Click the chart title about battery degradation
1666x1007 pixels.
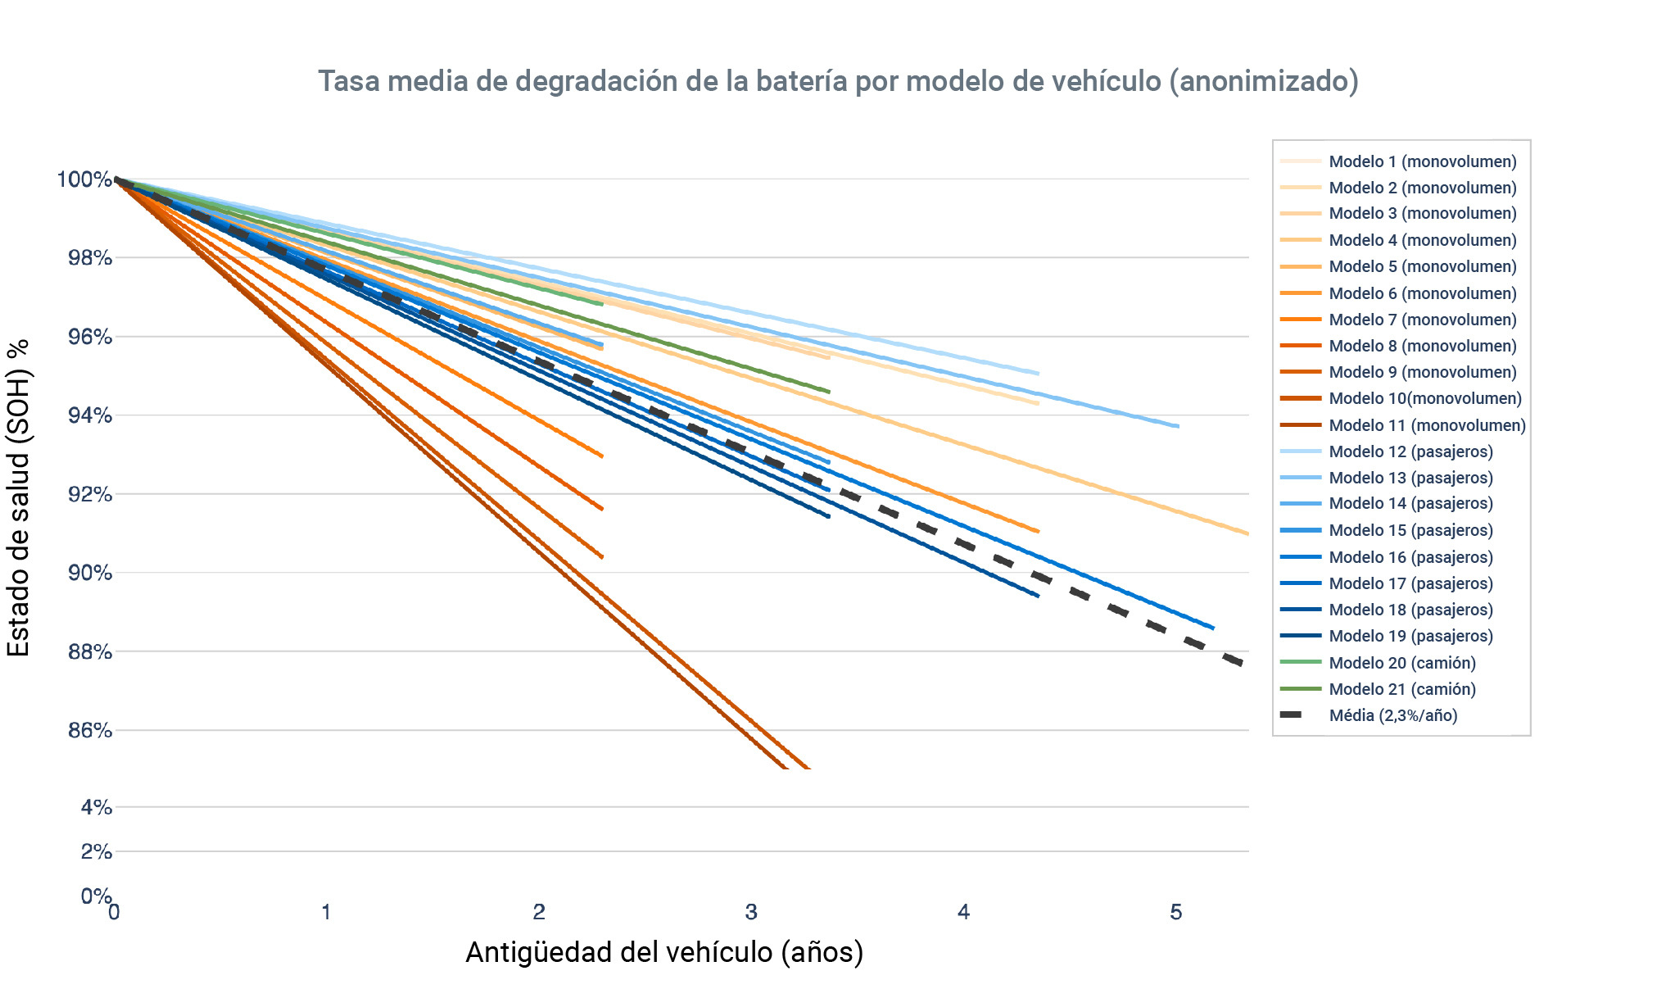click(838, 81)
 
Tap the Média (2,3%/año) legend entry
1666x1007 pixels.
click(1392, 715)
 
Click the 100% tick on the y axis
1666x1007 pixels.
click(84, 179)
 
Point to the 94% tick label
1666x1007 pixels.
click(89, 415)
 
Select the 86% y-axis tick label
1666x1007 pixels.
click(89, 730)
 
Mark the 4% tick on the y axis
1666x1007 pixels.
click(96, 807)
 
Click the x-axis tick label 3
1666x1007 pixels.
click(751, 912)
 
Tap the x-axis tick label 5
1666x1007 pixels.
click(1176, 912)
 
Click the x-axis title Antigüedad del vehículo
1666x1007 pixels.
click(664, 952)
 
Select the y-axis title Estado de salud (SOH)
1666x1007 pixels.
click(18, 497)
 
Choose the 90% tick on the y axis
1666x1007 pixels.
click(89, 573)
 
